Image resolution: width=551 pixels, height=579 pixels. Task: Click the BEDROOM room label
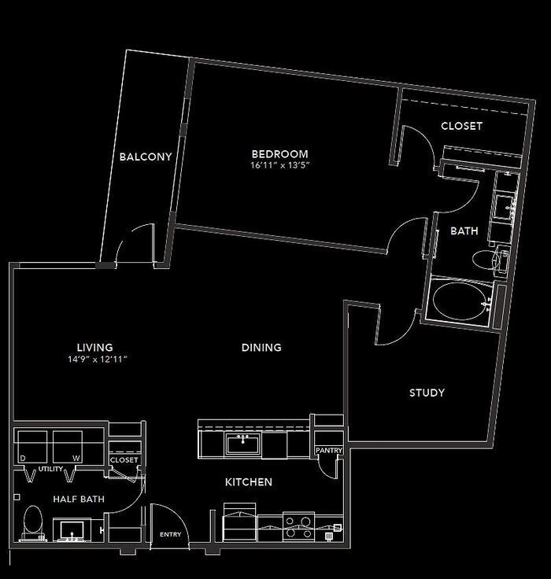tap(279, 154)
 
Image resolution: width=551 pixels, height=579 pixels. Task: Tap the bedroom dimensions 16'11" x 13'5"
tap(279, 166)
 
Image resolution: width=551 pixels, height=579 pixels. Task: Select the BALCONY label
tap(146, 157)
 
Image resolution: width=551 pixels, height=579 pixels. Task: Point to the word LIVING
tap(94, 347)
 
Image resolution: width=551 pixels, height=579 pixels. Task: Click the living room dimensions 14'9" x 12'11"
tap(98, 359)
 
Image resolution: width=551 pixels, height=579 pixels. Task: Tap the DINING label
tap(262, 347)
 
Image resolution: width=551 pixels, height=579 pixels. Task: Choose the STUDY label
tap(427, 393)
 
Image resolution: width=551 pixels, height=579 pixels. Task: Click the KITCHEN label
tap(250, 481)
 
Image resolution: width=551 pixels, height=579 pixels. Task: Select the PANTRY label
tap(327, 451)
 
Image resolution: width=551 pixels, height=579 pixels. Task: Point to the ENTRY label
tap(170, 535)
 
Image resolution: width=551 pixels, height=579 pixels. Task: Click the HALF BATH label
tap(79, 499)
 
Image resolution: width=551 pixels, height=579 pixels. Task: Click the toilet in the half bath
tap(33, 520)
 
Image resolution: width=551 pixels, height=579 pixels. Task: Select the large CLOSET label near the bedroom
tap(461, 126)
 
